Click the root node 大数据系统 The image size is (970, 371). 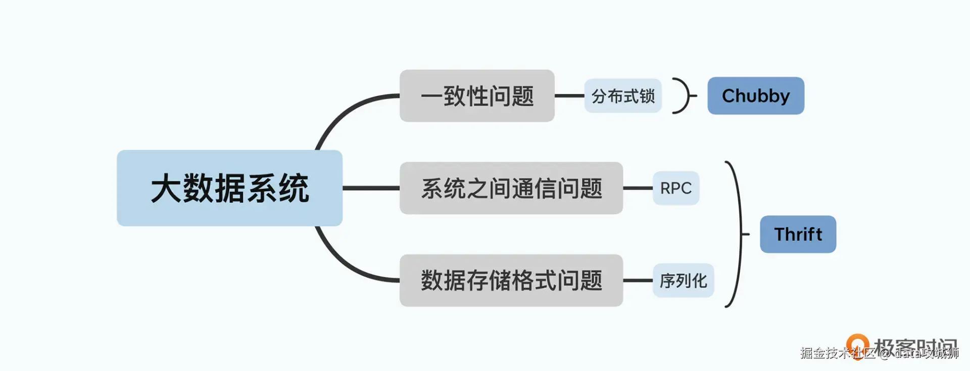229,188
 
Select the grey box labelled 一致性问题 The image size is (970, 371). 477,96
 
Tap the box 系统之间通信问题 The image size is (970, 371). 511,188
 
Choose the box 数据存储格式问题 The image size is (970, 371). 511,281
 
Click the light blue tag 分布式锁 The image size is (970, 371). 623,96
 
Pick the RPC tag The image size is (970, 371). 675,188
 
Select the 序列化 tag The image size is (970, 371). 683,281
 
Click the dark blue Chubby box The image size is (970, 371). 755,96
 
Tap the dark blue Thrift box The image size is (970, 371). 798,234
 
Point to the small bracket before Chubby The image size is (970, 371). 685,96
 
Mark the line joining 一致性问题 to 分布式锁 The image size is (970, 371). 569,96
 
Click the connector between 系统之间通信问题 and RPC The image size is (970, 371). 638,188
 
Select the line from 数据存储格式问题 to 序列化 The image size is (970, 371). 638,281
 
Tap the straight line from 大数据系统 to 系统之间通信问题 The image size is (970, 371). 371,188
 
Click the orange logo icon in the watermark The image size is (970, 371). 857,344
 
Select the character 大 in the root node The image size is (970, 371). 166,189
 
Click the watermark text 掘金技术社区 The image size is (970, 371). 838,353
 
